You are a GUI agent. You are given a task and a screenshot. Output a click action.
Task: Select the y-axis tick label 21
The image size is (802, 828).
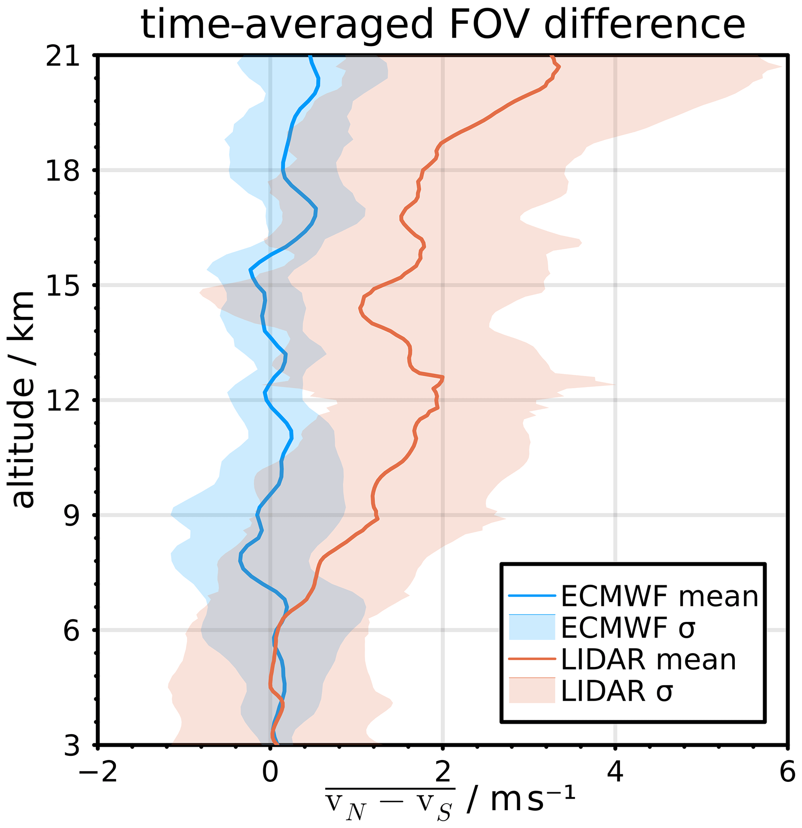tap(62, 56)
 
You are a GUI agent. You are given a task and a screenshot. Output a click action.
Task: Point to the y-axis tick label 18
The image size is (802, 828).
tap(62, 171)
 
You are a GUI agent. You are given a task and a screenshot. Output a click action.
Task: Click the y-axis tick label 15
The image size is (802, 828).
tap(62, 286)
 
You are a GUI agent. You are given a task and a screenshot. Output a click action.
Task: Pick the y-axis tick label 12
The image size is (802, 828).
tap(62, 401)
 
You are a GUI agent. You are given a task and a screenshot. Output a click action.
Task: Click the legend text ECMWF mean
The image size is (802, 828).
tap(659, 597)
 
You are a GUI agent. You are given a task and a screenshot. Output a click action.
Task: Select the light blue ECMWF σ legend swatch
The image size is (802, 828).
tap(532, 628)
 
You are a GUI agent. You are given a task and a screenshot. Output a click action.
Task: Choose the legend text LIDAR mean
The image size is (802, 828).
tap(648, 659)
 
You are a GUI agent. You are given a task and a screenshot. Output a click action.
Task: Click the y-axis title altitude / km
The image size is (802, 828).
tap(23, 399)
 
